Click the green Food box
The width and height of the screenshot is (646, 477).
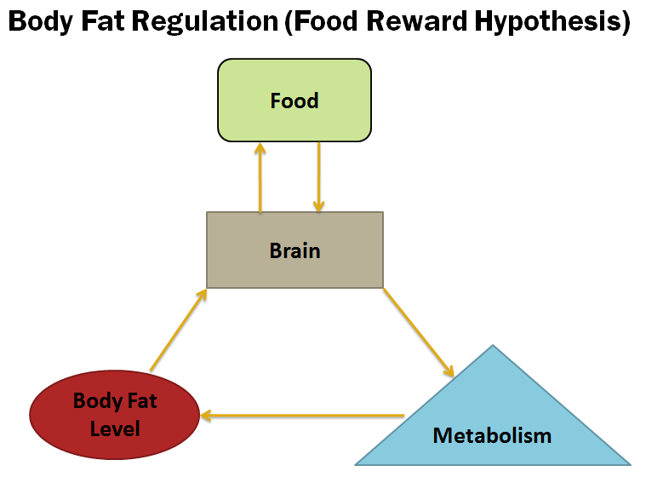tap(294, 101)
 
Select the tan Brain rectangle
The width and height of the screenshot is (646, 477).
tap(295, 250)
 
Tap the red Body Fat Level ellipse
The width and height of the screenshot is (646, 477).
tap(115, 414)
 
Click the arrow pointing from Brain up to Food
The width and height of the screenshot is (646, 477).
tap(260, 178)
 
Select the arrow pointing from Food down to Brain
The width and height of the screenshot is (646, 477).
tap(319, 177)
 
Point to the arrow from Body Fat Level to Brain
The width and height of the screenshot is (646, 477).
tap(179, 330)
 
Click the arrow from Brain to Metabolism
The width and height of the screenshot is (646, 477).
tap(419, 332)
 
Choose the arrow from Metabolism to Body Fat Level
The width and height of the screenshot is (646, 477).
tap(302, 416)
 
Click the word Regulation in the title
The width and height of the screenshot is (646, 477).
tap(205, 21)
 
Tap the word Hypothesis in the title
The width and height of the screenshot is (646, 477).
tap(552, 21)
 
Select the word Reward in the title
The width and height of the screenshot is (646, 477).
tap(417, 21)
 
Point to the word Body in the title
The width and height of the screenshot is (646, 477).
tap(40, 21)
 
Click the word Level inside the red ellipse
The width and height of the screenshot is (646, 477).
tap(115, 428)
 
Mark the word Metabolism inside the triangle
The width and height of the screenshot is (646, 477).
tap(492, 435)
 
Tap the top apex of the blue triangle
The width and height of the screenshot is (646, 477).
tap(493, 345)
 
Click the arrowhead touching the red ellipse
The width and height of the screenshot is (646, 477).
tap(206, 416)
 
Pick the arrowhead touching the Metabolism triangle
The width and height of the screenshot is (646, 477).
tap(449, 371)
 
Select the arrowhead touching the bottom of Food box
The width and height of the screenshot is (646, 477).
tap(260, 148)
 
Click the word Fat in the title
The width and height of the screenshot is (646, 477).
tap(103, 21)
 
